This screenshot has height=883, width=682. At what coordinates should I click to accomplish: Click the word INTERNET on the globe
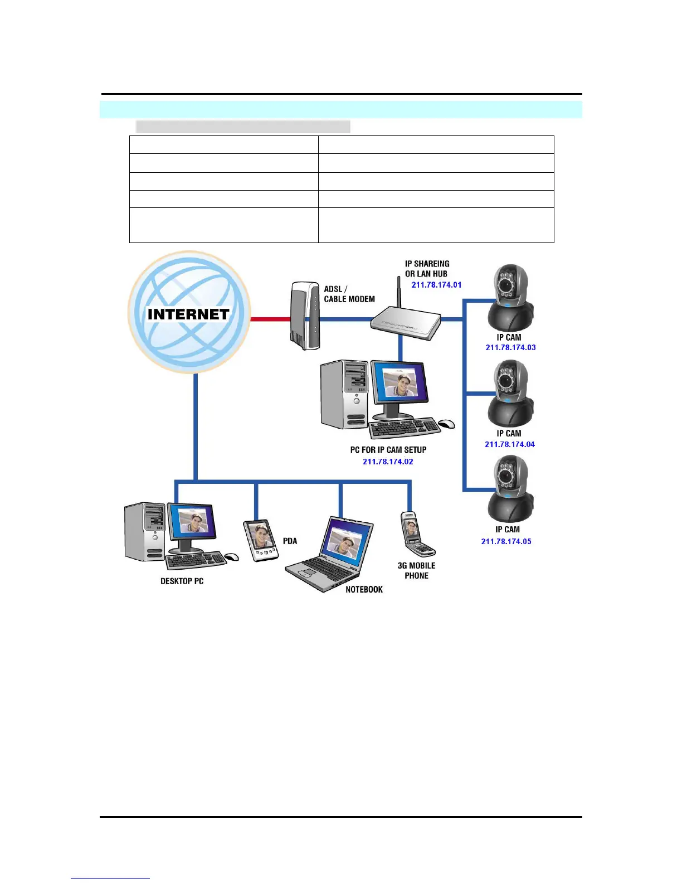pos(188,314)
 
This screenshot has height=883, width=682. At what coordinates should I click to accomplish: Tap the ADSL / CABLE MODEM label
pos(349,294)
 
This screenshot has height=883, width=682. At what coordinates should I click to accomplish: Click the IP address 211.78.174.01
pos(436,285)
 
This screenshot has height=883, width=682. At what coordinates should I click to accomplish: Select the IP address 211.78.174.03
pos(510,347)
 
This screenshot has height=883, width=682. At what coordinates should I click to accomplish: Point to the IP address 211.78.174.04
pos(509,444)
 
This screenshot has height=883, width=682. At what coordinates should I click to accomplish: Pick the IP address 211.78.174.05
pos(506,541)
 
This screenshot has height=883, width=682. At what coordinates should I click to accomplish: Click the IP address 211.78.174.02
pos(388,462)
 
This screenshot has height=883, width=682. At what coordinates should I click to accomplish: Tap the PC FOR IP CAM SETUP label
pos(388,450)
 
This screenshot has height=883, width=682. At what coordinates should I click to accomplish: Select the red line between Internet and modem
pos(270,319)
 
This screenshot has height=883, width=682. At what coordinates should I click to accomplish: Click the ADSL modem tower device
pos(305,316)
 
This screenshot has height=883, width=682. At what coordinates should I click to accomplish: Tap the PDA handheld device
pos(260,540)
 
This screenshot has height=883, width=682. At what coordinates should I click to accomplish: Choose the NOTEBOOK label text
pos(364,589)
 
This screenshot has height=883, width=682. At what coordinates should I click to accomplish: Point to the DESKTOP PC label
pos(182,581)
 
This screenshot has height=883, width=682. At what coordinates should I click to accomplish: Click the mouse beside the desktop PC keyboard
pos(231,556)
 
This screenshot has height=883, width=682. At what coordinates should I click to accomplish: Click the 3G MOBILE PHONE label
pos(416,570)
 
